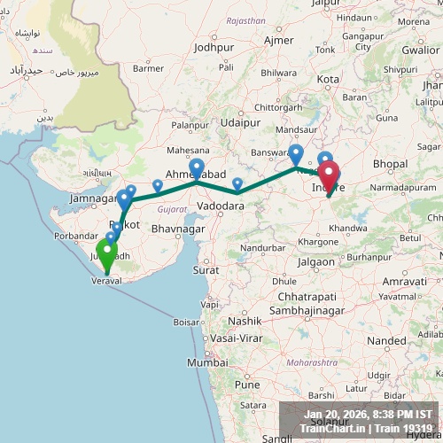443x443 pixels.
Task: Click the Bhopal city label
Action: pos(390,164)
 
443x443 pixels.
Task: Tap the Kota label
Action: pos(329,80)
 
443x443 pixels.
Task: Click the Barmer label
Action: pos(148,67)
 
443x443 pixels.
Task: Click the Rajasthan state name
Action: pos(245,19)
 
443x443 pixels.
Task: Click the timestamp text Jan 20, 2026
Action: pos(340,415)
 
